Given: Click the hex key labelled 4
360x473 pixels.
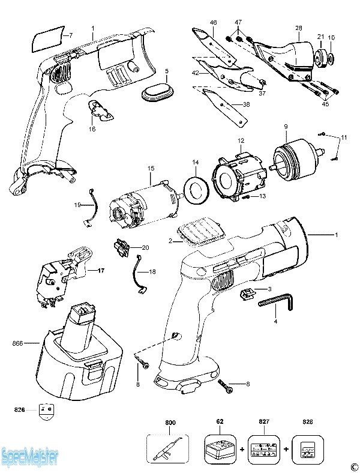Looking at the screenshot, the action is [276, 302].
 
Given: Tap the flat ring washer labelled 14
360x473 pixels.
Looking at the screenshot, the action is [196, 190].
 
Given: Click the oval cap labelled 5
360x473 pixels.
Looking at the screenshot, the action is [158, 91].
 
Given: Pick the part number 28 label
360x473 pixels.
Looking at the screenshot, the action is [298, 28].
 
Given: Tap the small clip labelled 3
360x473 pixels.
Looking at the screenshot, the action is [248, 293].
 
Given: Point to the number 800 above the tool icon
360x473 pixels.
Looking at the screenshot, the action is [170, 423].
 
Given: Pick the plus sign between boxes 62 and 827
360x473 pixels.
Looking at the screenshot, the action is [242, 450].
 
